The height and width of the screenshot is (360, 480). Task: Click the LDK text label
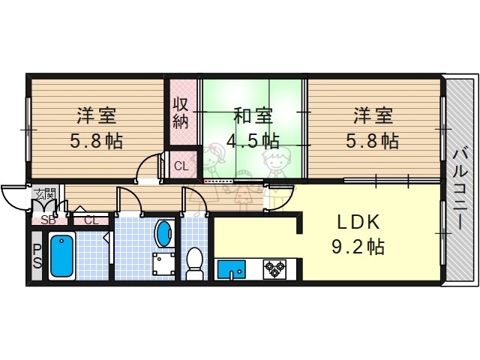tap(358, 223)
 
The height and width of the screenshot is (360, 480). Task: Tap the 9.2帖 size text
tap(358, 246)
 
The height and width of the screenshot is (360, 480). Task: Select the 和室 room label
tap(252, 117)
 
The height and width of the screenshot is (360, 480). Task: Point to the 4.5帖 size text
tap(252, 140)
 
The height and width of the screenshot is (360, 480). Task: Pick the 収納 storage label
tap(181, 112)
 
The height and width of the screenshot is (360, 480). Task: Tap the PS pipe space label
tap(36, 257)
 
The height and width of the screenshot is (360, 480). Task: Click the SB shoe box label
tap(48, 220)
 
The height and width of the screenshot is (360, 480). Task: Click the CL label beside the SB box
tap(91, 220)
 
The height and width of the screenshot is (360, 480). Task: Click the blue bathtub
tap(61, 256)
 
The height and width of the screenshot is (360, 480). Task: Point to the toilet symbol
tap(194, 263)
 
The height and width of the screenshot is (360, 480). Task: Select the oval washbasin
tap(163, 233)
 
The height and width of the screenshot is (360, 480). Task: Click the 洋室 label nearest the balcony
tap(373, 117)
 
